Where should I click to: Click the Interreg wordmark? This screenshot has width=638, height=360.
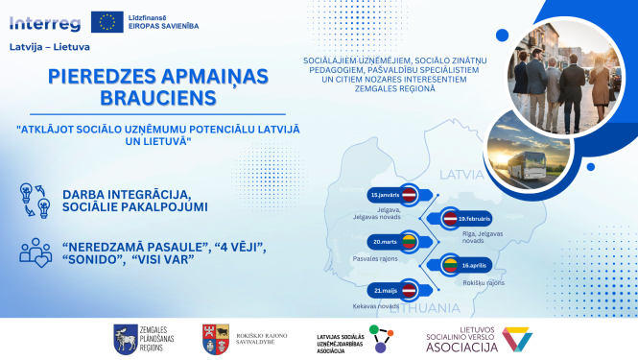tap(45, 20)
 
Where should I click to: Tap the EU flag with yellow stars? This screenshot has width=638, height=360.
tap(105, 20)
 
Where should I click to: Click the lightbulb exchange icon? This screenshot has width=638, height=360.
tap(35, 200)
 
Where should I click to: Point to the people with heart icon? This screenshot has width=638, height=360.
tap(35, 252)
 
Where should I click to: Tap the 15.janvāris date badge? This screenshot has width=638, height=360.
tap(392, 195)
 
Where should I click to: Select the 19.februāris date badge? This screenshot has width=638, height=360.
tap(462, 218)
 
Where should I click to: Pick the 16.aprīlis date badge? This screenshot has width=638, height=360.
tap(464, 264)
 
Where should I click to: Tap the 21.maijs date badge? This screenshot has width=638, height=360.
tap(392, 288)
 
